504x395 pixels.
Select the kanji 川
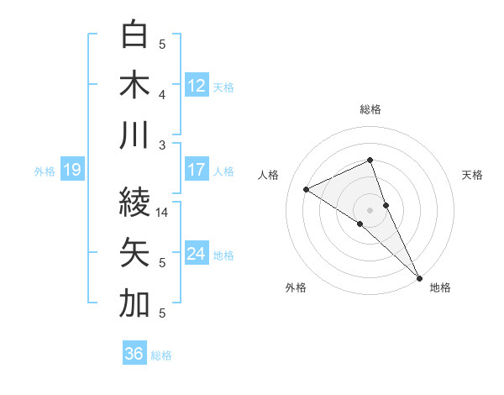tap(135, 134)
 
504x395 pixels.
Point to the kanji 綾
tap(135, 202)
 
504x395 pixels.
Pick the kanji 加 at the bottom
tap(135, 304)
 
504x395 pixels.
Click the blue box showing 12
tap(197, 85)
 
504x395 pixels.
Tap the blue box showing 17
tap(197, 170)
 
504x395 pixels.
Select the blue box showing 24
tap(197, 254)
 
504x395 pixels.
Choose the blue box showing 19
tap(71, 171)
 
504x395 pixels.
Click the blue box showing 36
tap(134, 354)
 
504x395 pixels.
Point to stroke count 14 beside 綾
tap(163, 213)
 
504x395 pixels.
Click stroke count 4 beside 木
tap(163, 95)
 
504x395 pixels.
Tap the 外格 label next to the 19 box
tap(45, 171)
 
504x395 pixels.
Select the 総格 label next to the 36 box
tap(161, 355)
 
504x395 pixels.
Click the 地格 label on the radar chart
tap(440, 288)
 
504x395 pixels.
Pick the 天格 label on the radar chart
tap(473, 175)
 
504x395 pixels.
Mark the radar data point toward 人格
tap(307, 189)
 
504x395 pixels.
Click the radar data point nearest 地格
tap(418, 276)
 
